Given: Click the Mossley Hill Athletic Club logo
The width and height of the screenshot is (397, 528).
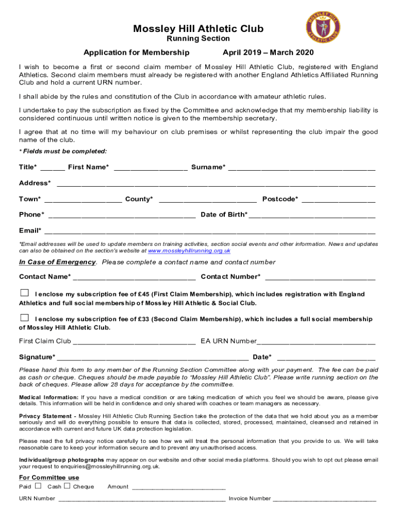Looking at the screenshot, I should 323,28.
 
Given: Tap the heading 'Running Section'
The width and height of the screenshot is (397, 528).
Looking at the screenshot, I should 198,39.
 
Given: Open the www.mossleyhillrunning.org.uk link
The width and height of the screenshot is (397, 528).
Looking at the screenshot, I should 189,251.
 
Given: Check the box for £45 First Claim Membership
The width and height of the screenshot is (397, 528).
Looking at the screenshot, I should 24,293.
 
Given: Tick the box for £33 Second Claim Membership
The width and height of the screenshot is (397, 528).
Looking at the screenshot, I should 24,317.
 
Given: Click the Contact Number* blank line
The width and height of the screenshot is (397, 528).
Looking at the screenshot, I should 320,277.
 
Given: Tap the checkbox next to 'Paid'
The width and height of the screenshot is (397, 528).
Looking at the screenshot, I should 38,486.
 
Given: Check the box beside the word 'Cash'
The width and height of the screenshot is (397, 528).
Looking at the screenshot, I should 68,486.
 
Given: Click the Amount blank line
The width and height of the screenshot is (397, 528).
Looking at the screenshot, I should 179,487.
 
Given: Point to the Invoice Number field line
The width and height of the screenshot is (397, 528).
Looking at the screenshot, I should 324,499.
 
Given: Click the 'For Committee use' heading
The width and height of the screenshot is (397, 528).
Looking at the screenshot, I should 49,477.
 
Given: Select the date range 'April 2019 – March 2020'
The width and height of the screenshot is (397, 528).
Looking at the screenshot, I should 268,53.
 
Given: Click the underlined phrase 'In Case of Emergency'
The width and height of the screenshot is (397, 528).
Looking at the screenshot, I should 57,262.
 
